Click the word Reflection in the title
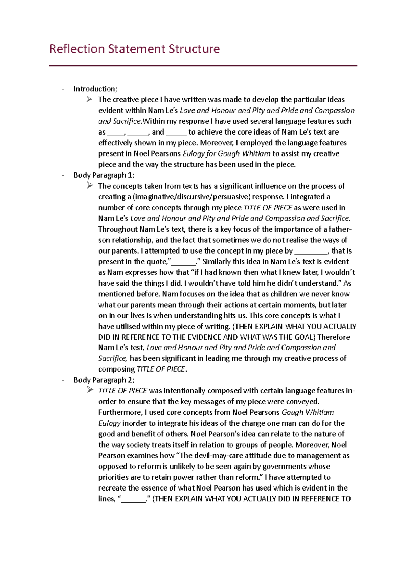77,49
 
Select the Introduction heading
95,89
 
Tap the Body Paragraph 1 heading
104,175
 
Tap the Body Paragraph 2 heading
104,380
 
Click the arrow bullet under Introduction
89,99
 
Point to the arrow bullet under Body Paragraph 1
89,186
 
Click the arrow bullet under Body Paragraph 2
89,390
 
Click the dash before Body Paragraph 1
63,175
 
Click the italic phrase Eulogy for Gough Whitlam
226,154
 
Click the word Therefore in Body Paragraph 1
334,337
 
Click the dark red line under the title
203,66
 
